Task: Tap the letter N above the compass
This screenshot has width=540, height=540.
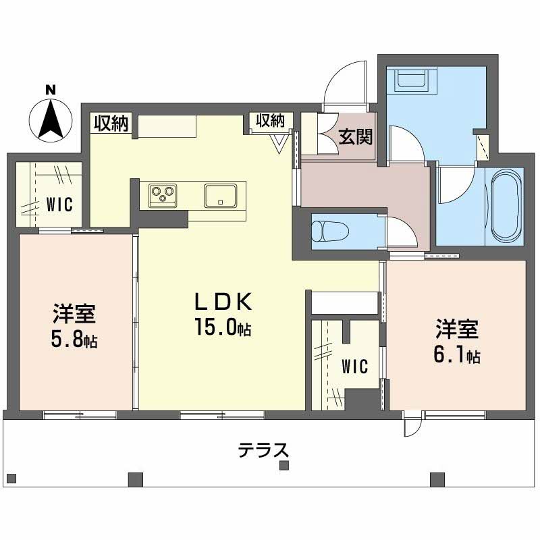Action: click(x=51, y=90)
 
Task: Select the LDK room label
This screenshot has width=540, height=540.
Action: click(x=223, y=301)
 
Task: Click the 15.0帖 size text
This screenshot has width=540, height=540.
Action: click(x=223, y=327)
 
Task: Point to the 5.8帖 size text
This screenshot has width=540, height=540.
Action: click(x=74, y=340)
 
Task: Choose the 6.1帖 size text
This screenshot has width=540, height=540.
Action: click(x=457, y=355)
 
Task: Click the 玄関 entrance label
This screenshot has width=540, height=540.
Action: click(x=356, y=137)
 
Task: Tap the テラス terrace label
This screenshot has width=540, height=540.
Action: click(x=263, y=450)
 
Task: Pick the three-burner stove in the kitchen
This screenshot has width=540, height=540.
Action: click(x=163, y=196)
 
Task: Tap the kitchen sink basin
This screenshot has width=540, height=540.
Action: click(x=220, y=196)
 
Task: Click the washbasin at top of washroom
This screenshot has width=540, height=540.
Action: click(x=412, y=80)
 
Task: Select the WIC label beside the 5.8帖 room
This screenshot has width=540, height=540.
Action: click(x=59, y=204)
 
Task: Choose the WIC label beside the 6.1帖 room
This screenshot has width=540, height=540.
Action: click(x=355, y=367)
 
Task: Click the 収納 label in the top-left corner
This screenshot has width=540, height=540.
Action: click(x=111, y=123)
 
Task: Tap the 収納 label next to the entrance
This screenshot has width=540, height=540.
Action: click(x=271, y=121)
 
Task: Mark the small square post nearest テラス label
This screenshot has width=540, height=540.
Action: click(x=284, y=466)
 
